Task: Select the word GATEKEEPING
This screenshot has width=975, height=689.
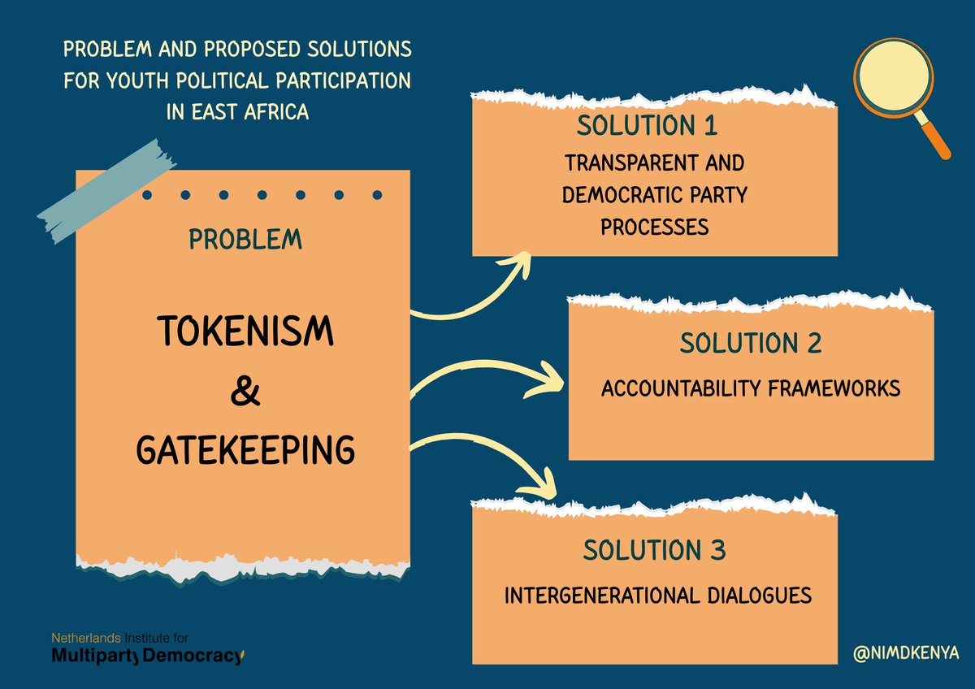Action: pyautogui.click(x=245, y=448)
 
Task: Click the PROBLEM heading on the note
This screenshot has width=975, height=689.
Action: pyautogui.click(x=245, y=240)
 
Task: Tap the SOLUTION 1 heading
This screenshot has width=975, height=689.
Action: pyautogui.click(x=648, y=126)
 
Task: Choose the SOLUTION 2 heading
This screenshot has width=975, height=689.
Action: pyautogui.click(x=751, y=344)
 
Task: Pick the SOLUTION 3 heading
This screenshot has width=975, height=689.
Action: pyautogui.click(x=654, y=551)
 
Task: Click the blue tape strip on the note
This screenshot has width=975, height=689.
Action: pyautogui.click(x=106, y=191)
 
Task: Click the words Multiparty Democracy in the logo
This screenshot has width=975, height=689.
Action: pyautogui.click(x=146, y=656)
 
